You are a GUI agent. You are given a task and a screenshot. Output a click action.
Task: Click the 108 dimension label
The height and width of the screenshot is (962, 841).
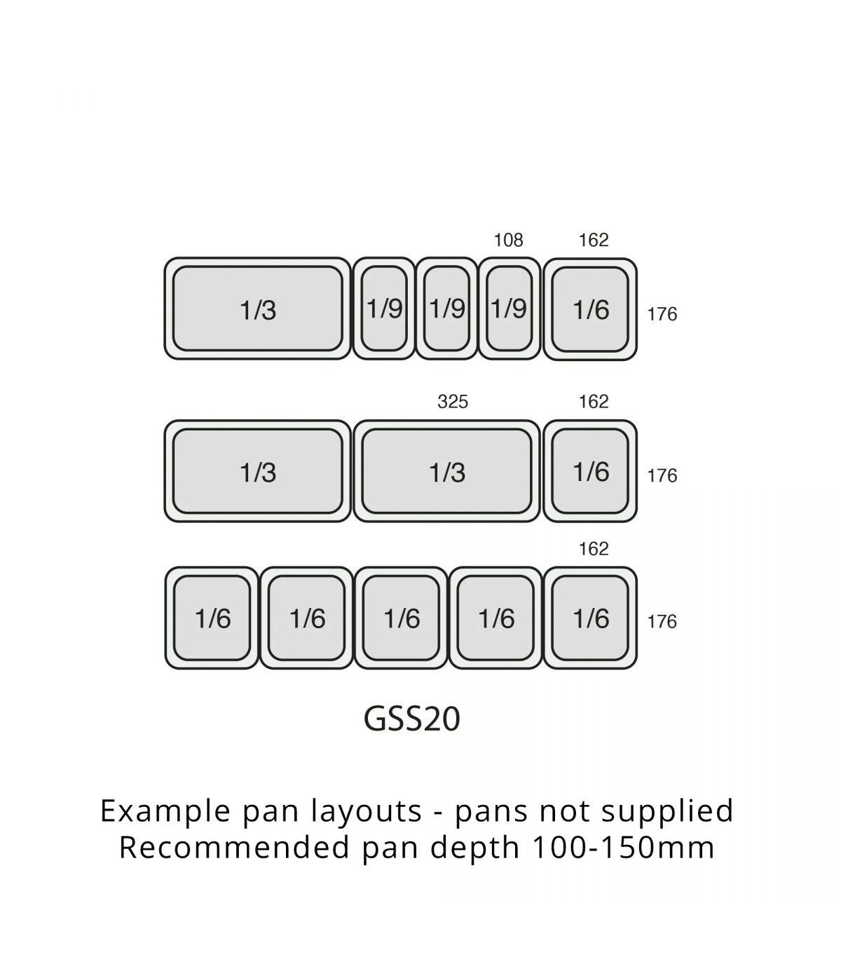point(508,240)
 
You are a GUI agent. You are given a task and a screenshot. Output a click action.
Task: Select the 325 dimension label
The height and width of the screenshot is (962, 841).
point(453,402)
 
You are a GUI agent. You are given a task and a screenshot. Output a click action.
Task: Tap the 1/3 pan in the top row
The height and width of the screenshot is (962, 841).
point(258,309)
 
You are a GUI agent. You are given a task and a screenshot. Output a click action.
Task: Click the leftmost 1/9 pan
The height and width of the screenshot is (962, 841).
point(385,309)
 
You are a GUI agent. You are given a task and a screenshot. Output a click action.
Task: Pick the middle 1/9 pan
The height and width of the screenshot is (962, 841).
point(447,309)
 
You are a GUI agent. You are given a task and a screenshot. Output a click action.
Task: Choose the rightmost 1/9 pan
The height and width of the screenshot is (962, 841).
point(510,309)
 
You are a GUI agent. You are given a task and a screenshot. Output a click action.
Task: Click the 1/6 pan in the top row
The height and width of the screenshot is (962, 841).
point(591,309)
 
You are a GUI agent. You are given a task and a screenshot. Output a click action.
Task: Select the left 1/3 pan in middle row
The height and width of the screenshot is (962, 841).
point(258,472)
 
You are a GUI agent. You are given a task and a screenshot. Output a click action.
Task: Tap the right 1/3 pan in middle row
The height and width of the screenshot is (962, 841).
point(447,472)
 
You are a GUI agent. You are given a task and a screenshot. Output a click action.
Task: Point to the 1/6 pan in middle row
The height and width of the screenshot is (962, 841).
point(591,472)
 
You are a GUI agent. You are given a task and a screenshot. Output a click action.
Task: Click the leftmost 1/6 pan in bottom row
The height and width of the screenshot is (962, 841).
point(212,618)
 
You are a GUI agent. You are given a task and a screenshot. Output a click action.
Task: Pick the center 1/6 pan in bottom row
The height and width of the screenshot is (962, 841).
point(402,618)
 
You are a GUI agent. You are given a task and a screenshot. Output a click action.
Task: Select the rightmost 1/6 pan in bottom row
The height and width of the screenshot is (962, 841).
point(591,618)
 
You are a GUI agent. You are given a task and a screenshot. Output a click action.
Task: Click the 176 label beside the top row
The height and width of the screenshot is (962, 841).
point(662,314)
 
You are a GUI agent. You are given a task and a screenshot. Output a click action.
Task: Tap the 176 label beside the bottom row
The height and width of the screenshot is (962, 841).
point(662,622)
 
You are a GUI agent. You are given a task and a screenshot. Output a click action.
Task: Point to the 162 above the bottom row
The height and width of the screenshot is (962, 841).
point(594,549)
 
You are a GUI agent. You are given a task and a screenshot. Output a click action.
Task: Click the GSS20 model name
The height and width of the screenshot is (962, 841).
point(412,719)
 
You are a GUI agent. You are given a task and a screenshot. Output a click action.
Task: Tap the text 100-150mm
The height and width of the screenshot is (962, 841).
point(624,848)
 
